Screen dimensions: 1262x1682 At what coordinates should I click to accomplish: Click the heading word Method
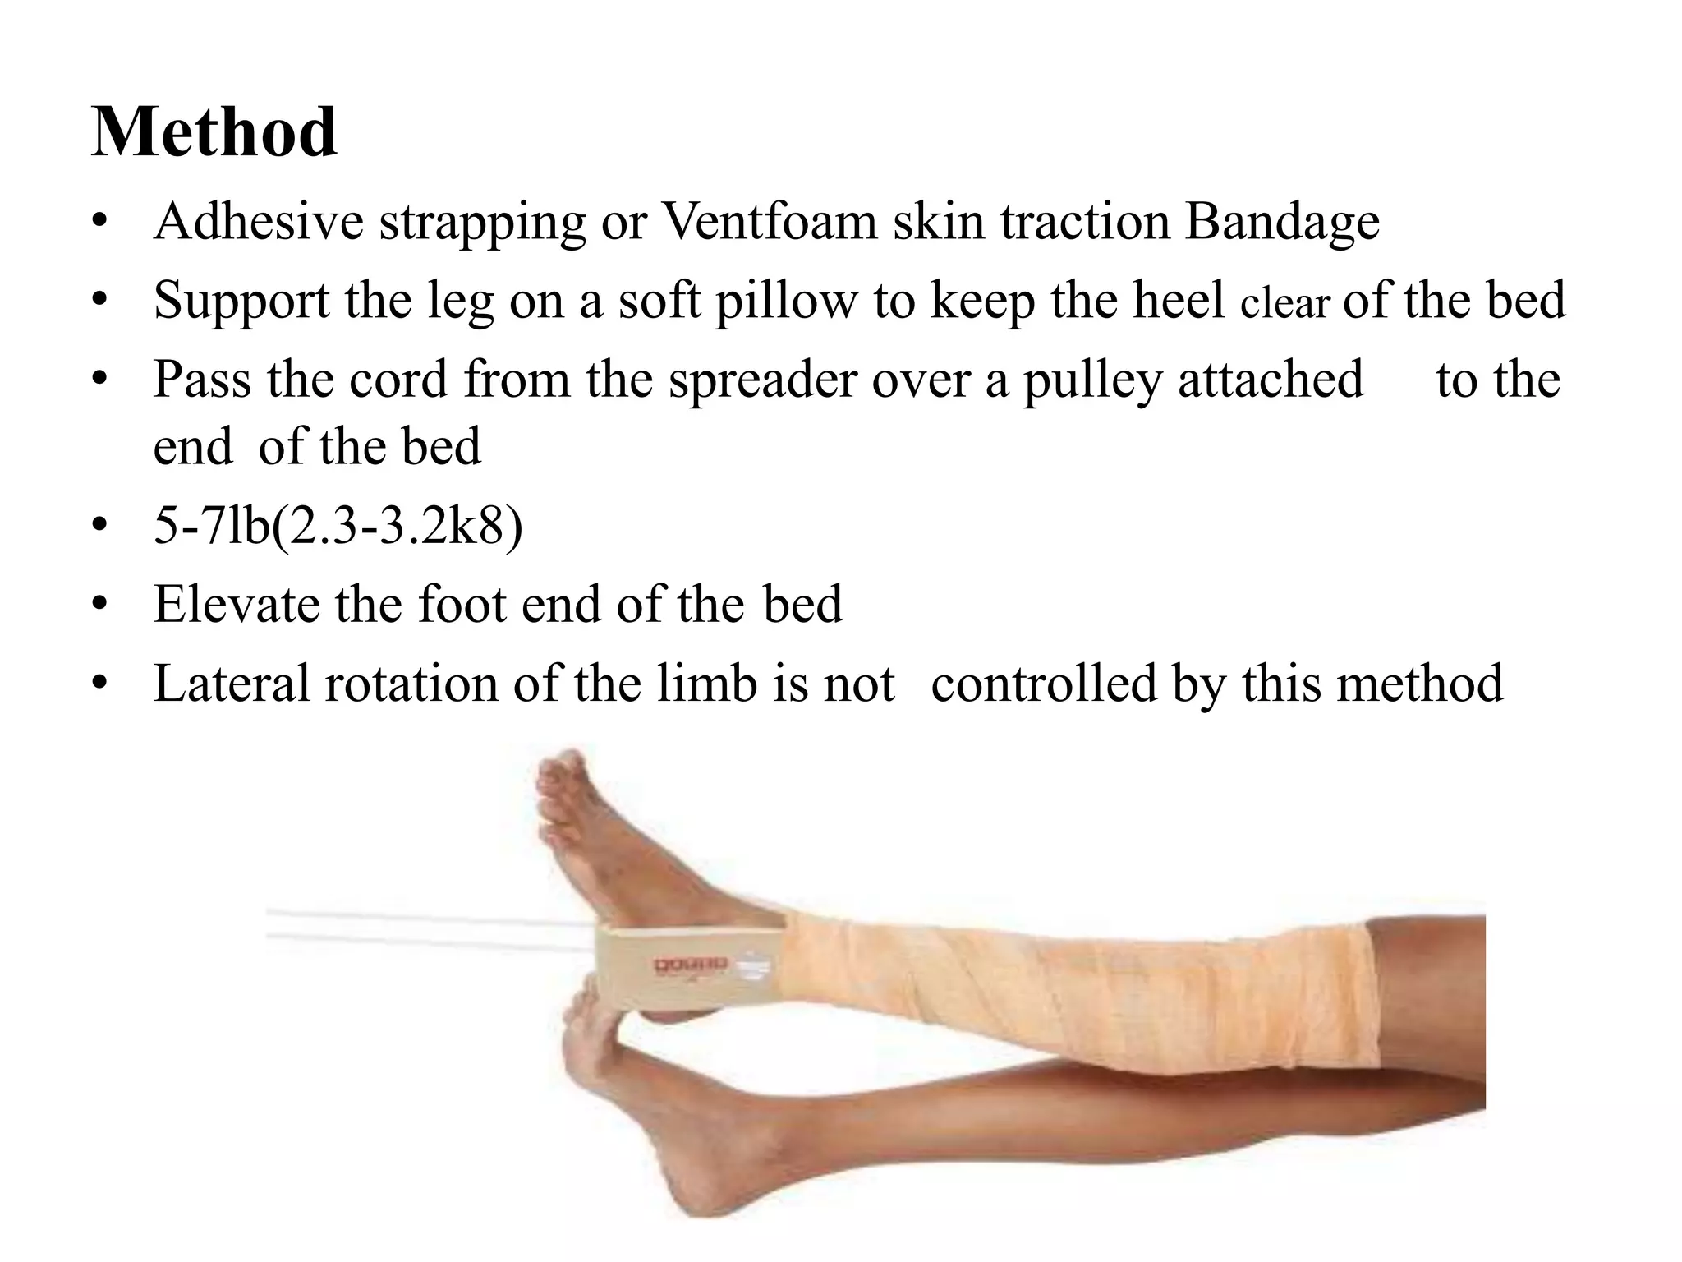coord(214,133)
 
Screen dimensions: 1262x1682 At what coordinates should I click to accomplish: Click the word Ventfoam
coord(769,222)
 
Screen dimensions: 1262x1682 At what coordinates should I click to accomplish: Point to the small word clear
coord(1284,304)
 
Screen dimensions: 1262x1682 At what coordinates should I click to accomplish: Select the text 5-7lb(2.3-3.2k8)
coord(338,526)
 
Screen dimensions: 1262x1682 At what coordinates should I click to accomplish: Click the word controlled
coord(1043,684)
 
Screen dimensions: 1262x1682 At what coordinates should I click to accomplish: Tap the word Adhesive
coord(258,222)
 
